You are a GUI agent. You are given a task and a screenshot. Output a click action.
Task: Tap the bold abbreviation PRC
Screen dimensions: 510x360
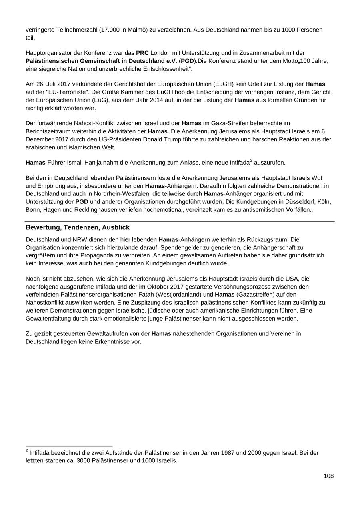[x=142, y=53]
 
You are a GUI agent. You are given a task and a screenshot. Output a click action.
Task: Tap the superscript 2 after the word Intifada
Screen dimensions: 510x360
[x=251, y=161]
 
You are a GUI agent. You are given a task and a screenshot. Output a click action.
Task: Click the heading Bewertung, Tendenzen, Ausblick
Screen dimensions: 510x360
[x=78, y=227]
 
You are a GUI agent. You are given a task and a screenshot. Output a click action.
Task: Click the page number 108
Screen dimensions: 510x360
[x=328, y=476]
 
